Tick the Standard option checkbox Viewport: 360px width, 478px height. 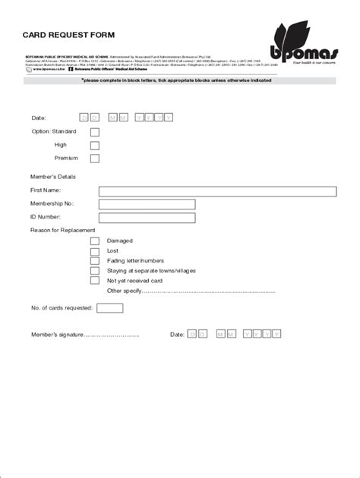coord(95,132)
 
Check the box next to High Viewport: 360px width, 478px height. coord(95,145)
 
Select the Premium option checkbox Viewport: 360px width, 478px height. coord(95,159)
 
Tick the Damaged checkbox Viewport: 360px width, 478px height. coord(95,241)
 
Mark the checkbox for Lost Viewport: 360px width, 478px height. coord(95,250)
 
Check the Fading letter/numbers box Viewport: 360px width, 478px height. coord(95,260)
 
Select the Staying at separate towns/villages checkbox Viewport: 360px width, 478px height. coord(95,270)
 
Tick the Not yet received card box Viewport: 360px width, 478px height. coord(95,280)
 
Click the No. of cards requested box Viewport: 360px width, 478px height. coord(110,308)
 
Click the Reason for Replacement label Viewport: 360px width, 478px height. coord(62,230)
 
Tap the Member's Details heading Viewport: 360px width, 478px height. coord(52,177)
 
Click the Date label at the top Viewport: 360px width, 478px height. coord(39,118)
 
